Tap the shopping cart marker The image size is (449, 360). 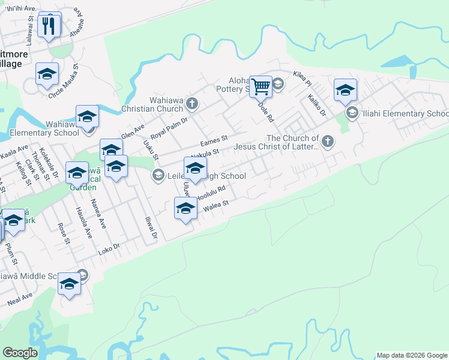(x=261, y=86)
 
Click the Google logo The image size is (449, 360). (x=20, y=353)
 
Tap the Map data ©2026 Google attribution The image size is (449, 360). (x=412, y=355)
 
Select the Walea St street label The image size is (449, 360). (x=217, y=205)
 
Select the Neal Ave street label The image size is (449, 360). (x=20, y=298)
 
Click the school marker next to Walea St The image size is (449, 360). (x=186, y=209)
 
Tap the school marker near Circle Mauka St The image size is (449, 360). (x=47, y=74)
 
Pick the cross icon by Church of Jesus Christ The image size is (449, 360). (x=327, y=142)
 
